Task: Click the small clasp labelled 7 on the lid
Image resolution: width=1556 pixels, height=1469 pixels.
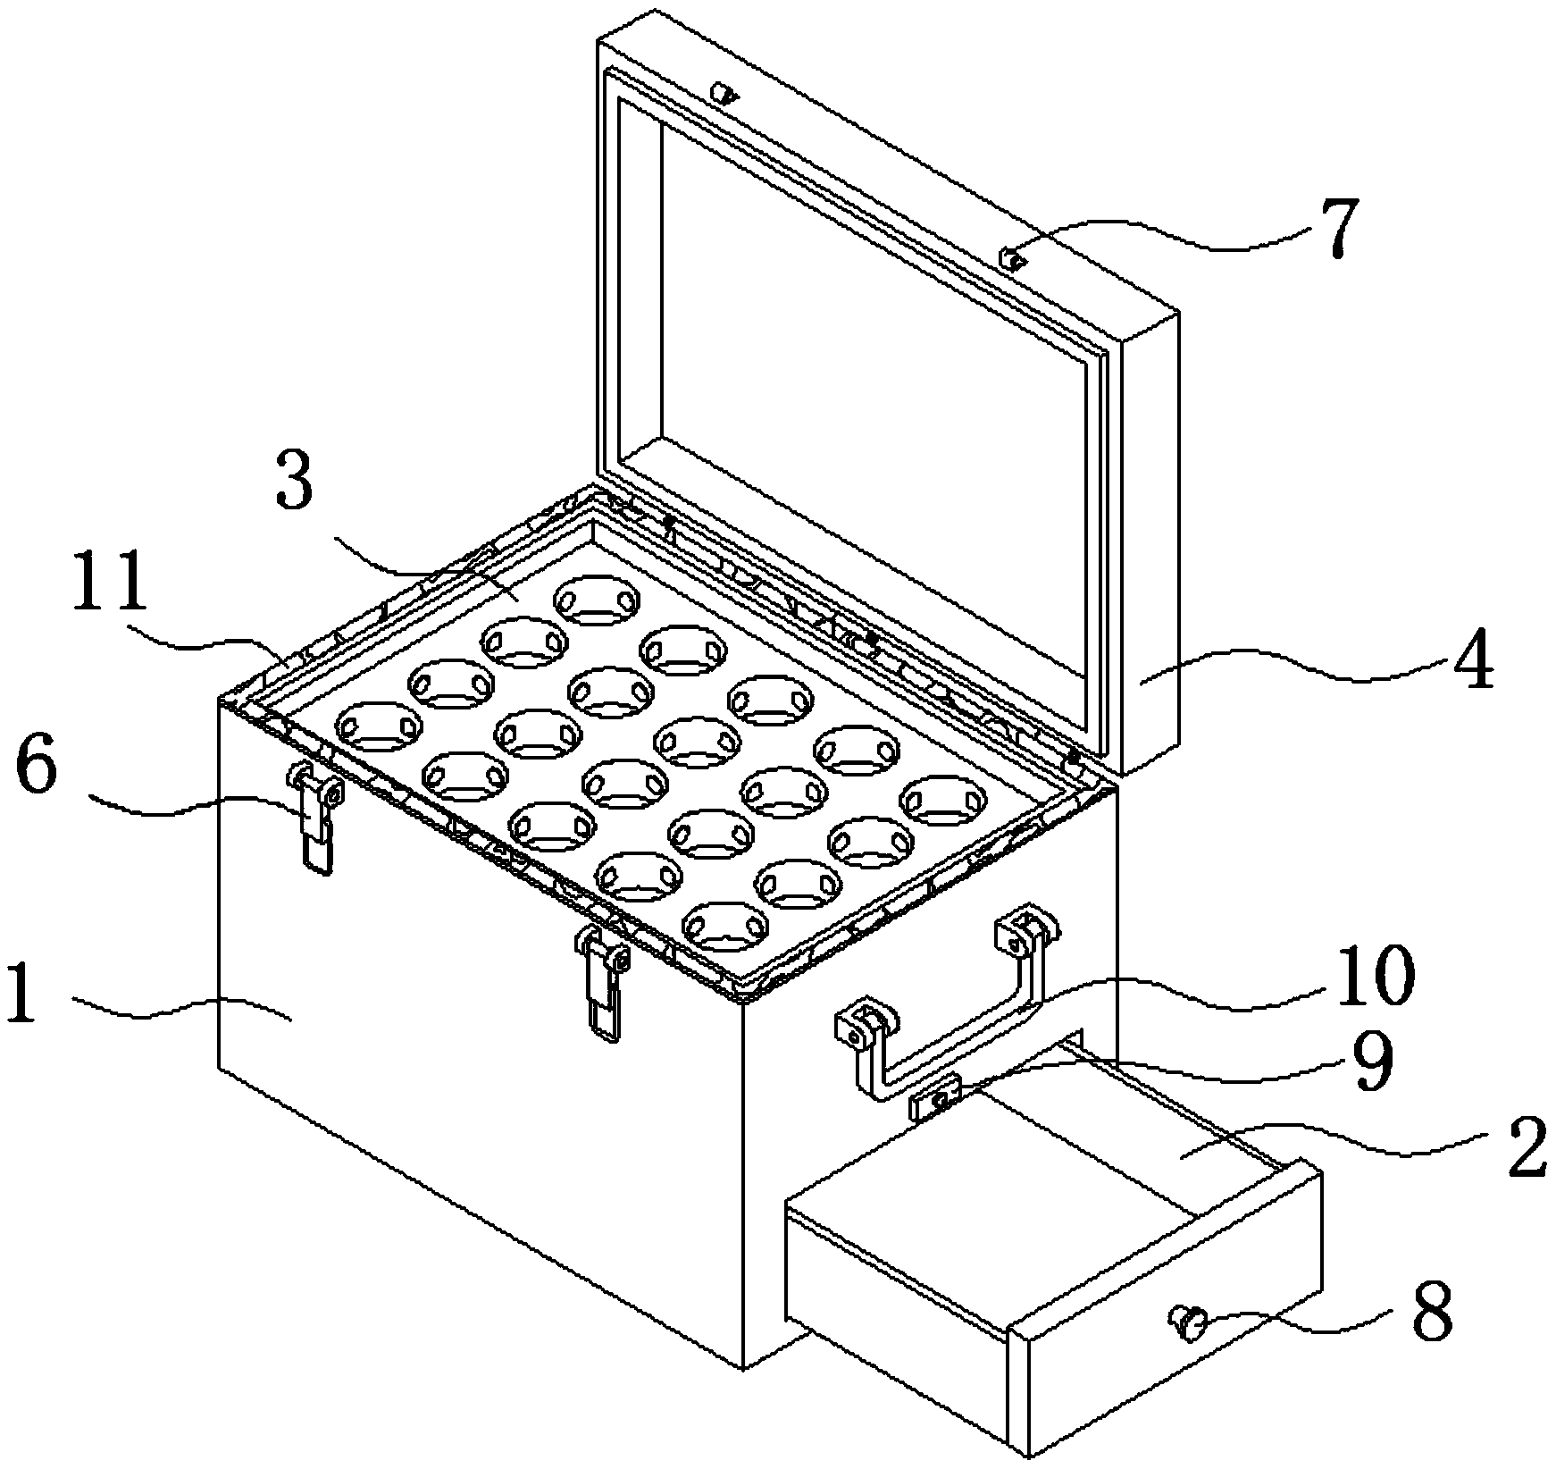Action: point(1012,259)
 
